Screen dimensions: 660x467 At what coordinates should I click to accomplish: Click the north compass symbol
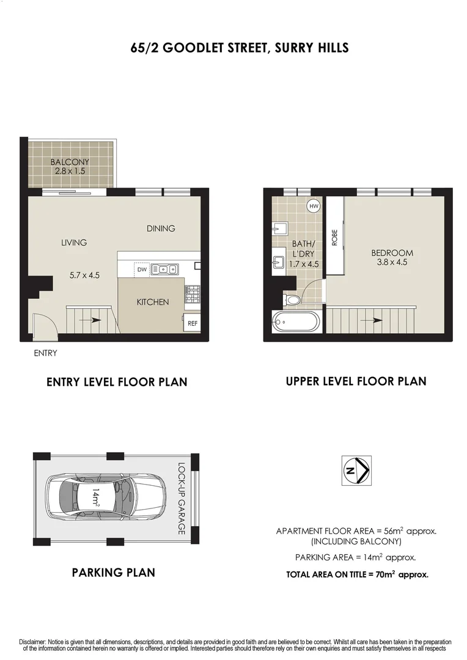[357, 471]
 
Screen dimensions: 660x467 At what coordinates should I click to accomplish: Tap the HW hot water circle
[314, 207]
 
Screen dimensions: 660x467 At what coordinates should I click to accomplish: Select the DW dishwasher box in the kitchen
[141, 269]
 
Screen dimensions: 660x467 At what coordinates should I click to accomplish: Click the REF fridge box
[192, 323]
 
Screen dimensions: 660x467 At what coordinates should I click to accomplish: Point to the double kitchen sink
[164, 269]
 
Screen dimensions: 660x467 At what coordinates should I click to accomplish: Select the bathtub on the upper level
[295, 321]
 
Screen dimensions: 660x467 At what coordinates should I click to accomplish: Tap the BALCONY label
[70, 162]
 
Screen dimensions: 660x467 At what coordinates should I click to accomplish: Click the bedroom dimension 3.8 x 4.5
[392, 262]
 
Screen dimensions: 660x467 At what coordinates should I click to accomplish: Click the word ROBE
[334, 237]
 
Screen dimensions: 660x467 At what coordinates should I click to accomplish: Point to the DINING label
[161, 229]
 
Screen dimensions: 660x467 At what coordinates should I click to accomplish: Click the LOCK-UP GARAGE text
[182, 499]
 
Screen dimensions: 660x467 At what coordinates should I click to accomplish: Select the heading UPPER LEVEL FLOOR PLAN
[356, 381]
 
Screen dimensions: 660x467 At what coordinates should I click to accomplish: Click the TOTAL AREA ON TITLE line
[357, 574]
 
